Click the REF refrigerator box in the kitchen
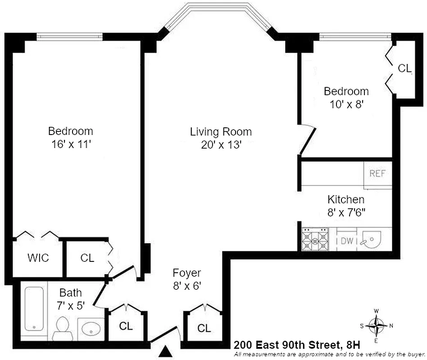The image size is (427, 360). pyautogui.click(x=377, y=174)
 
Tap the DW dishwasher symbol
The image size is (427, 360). pyautogui.click(x=346, y=241)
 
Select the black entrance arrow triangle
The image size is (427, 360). pyautogui.click(x=167, y=351)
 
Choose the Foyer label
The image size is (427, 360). pyautogui.click(x=186, y=273)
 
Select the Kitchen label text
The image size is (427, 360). pyautogui.click(x=345, y=199)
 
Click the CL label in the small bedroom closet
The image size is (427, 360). pyautogui.click(x=404, y=68)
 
